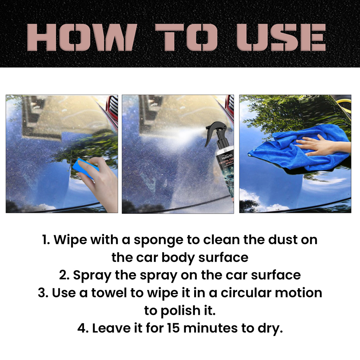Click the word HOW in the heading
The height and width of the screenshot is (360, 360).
tap(82, 37)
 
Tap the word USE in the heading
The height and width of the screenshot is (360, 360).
tap(281, 37)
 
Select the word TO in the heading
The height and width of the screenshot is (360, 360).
tap(186, 37)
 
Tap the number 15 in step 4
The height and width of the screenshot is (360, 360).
tap(173, 328)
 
